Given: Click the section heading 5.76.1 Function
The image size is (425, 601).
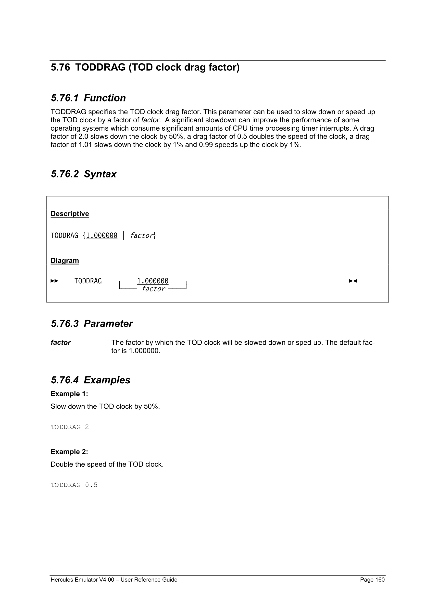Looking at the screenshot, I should click(x=88, y=98).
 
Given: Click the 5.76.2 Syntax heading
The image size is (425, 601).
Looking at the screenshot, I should click(x=84, y=174).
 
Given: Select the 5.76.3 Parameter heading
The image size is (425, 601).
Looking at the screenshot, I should click(x=92, y=324).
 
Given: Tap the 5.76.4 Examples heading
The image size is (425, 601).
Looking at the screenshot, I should click(x=90, y=380).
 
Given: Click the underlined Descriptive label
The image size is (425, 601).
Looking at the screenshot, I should click(x=70, y=214).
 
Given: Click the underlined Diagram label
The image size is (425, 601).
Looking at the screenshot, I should click(x=65, y=261).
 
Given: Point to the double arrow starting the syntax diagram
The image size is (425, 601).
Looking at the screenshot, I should click(x=54, y=281).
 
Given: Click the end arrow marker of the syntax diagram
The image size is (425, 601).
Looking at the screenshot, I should click(x=353, y=281).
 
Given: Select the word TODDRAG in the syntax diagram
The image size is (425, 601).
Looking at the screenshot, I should click(x=88, y=281).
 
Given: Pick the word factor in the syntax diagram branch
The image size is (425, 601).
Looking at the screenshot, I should click(x=153, y=289).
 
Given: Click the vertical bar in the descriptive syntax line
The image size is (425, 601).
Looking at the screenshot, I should click(x=123, y=236).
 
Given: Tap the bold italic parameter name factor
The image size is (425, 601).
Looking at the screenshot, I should click(x=61, y=343).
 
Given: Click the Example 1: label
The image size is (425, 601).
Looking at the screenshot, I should click(x=69, y=394).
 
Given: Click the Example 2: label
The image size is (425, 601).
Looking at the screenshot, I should click(x=69, y=452).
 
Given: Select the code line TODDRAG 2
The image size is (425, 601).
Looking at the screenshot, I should click(x=70, y=427).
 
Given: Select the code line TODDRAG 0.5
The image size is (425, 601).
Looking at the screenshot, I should click(x=74, y=485).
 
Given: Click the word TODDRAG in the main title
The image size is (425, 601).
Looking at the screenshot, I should click(x=100, y=67).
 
